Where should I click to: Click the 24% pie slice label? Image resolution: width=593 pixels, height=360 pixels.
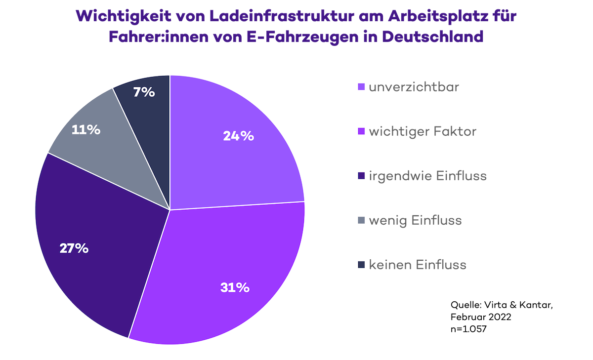(x=238, y=136)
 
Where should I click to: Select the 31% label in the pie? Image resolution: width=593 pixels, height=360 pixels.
(x=235, y=287)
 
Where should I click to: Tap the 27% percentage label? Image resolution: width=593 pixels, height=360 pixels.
(x=74, y=248)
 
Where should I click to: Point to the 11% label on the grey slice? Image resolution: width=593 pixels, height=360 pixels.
(x=86, y=130)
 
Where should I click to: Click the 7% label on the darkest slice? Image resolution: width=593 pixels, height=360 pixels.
(x=144, y=92)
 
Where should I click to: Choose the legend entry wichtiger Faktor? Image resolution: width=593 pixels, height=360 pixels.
(x=423, y=131)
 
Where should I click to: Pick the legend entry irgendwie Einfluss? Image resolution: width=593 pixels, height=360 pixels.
(x=428, y=176)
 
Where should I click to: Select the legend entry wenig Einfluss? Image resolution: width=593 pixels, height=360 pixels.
(x=415, y=220)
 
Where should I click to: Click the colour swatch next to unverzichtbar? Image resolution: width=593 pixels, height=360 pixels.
(x=361, y=87)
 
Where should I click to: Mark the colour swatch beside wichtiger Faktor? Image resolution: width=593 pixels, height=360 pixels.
(x=361, y=132)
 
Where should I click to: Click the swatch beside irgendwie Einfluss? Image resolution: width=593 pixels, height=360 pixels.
(x=361, y=176)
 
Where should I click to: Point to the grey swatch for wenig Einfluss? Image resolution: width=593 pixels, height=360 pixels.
(x=361, y=221)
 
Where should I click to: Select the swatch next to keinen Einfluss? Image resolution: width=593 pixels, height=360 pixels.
(x=361, y=265)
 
